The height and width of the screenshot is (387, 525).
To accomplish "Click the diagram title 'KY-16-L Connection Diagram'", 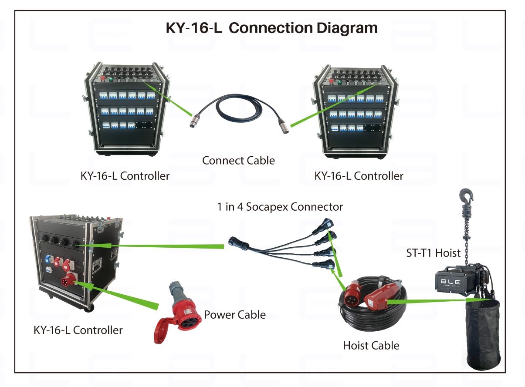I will [271, 28].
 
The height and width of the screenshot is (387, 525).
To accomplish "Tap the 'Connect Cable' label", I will [238, 161].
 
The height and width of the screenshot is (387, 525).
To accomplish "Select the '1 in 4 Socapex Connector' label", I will [280, 206].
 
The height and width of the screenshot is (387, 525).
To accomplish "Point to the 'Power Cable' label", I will [234, 314].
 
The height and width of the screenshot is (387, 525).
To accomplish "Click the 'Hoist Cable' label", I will [371, 346].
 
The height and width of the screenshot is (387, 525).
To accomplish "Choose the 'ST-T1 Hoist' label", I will [433, 253].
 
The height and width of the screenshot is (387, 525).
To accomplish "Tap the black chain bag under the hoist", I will [483, 333].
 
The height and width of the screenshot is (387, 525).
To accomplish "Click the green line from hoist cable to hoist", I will [429, 300].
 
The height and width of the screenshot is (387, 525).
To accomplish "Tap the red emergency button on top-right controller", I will [332, 81].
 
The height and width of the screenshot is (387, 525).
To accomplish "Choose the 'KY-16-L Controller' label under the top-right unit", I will [359, 176].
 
